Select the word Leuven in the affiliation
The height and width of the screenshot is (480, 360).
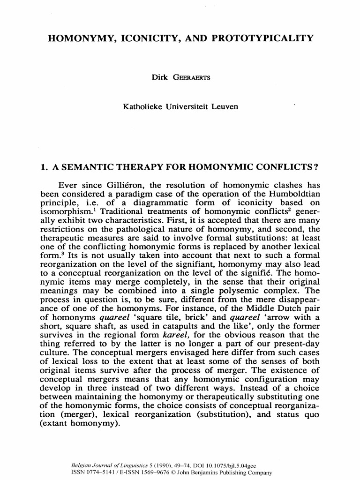coord(223,107)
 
